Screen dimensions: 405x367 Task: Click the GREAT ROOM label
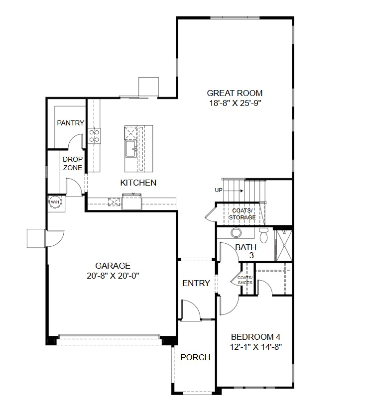click(x=235, y=93)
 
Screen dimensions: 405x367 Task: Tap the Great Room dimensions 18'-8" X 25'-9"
click(x=235, y=103)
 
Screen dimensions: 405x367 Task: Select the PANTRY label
click(x=70, y=123)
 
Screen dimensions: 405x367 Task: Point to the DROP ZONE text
click(x=72, y=164)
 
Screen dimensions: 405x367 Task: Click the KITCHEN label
click(x=138, y=183)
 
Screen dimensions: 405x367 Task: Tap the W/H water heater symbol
click(x=54, y=202)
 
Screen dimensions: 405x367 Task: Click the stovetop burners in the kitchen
click(x=94, y=136)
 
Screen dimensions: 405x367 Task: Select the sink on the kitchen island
click(x=131, y=148)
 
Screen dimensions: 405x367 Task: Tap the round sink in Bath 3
click(x=236, y=233)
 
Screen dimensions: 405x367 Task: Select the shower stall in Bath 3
click(x=283, y=244)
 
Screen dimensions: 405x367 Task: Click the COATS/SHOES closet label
click(x=245, y=280)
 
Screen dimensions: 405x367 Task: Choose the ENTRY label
click(x=196, y=283)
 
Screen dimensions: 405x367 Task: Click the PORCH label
click(x=195, y=357)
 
